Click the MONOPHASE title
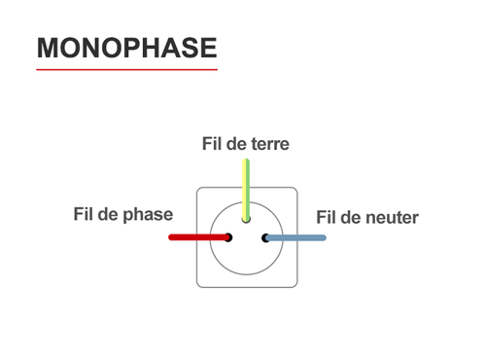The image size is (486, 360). pos(126,48)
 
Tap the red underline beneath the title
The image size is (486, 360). pos(126,70)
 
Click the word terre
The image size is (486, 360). pos(269,144)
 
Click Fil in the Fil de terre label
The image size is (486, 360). pos(211,144)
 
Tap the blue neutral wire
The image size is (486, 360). pos(296,237)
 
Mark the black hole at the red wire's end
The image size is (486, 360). pos(228,237)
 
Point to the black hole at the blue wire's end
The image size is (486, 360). pos(264,237)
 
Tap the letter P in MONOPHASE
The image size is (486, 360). pos(127,48)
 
